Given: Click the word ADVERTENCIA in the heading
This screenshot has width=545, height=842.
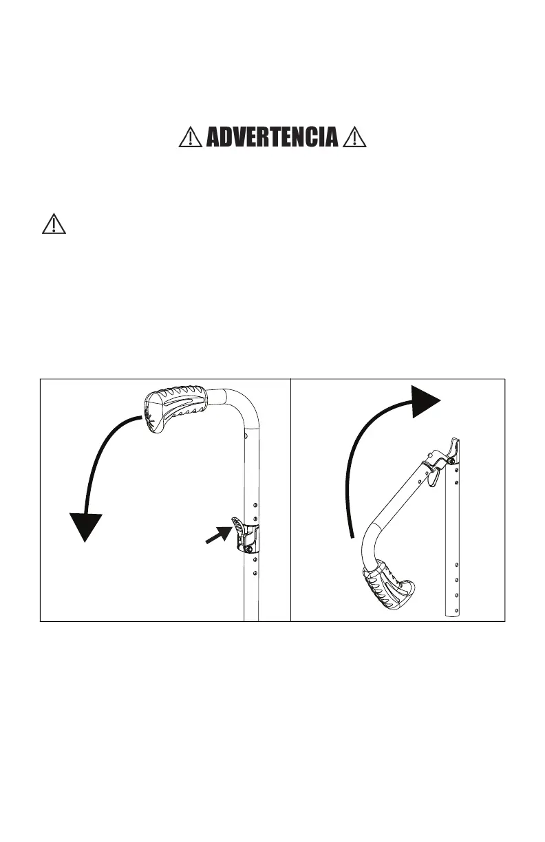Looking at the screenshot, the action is click(272, 138).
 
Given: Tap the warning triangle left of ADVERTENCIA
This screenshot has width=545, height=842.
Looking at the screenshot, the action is click(188, 138).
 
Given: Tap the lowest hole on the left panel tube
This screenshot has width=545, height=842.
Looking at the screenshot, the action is click(255, 572).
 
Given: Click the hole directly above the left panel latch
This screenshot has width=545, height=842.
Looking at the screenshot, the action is click(255, 517).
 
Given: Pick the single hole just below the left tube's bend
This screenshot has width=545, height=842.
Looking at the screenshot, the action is click(246, 435).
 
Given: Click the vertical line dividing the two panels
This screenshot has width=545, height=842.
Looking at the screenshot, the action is click(291, 499).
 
